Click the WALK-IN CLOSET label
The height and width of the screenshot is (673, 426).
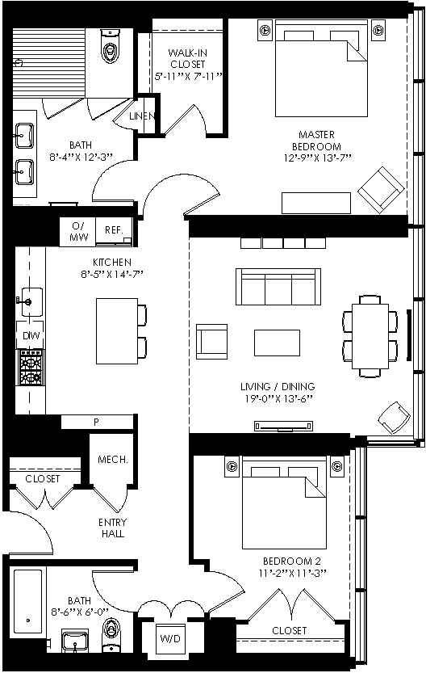click(x=188, y=59)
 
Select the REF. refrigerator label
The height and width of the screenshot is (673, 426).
click(x=114, y=230)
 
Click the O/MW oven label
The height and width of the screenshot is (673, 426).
click(x=78, y=231)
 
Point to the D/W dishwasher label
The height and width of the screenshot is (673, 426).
click(x=31, y=335)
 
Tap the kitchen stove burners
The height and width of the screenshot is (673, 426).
click(x=31, y=367)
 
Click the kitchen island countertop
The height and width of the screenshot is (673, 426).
click(x=116, y=331)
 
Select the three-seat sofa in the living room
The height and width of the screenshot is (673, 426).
click(x=278, y=287)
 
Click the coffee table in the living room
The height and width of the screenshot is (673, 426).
click(x=277, y=343)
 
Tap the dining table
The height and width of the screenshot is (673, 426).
click(x=370, y=336)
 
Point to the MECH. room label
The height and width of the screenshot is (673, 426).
click(x=113, y=459)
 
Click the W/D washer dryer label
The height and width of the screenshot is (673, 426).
click(x=170, y=638)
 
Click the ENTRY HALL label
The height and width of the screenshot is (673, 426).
click(x=113, y=528)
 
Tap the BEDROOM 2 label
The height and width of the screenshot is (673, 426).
click(x=292, y=561)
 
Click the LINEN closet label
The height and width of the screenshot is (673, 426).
click(x=142, y=116)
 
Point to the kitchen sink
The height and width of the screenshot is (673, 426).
click(x=30, y=301)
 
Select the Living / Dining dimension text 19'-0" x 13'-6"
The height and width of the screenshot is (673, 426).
click(x=278, y=398)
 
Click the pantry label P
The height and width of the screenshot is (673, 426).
click(x=97, y=423)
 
